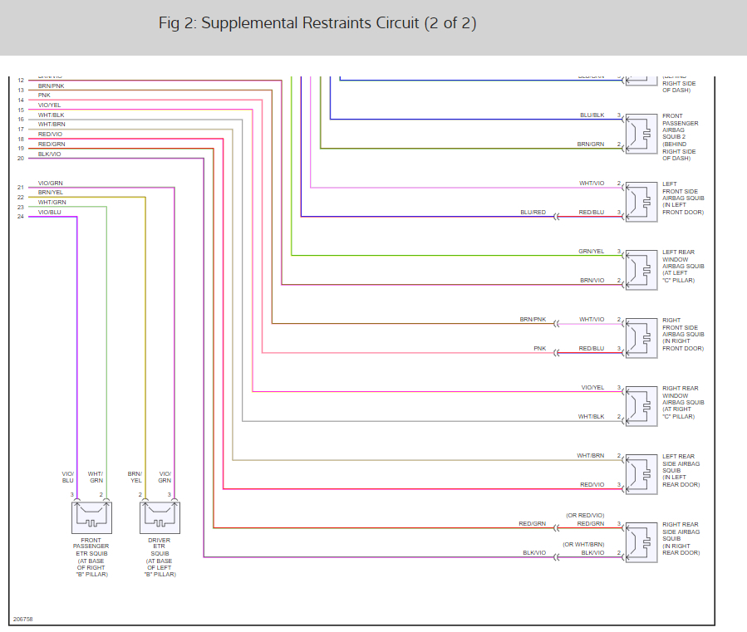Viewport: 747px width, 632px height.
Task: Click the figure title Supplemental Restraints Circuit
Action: click(x=317, y=22)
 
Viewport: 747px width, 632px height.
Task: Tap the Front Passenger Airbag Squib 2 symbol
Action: click(x=641, y=134)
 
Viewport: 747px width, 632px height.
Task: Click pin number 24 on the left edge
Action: click(x=21, y=217)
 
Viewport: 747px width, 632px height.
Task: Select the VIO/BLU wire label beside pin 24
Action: click(x=50, y=212)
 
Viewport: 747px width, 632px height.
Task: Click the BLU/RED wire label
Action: click(x=533, y=213)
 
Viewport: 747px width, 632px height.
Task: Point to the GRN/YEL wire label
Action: click(x=591, y=252)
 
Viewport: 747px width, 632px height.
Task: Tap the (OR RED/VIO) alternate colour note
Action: click(x=585, y=516)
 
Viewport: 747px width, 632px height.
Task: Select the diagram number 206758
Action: click(x=22, y=619)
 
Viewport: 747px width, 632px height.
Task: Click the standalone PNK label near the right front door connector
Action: click(x=539, y=349)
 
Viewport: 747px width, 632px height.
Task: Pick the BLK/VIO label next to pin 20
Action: click(x=49, y=154)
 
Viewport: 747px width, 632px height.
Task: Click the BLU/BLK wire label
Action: click(x=592, y=115)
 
